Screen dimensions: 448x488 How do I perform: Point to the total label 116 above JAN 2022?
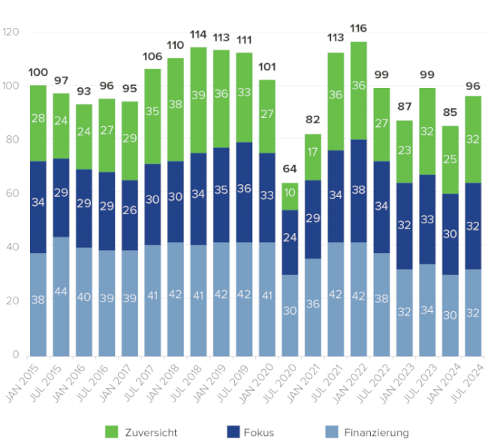358,29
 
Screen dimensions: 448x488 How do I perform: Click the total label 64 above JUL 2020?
290,169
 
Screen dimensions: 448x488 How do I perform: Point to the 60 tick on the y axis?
13,193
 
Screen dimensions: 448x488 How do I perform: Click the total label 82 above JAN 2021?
312,121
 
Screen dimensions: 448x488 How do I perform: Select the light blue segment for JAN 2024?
450,315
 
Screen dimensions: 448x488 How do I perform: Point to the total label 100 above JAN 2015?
38,72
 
